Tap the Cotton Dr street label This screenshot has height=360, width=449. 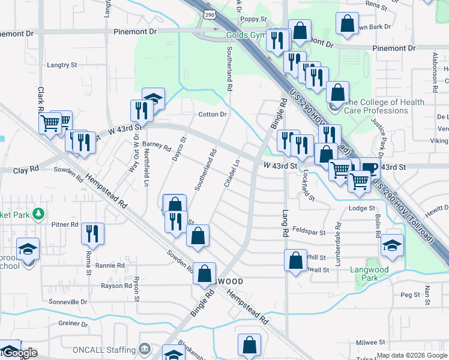pyautogui.click(x=212, y=115)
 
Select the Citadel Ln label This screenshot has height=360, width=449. pyautogui.click(x=232, y=173)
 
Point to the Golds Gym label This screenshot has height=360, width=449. pyautogui.click(x=246, y=35)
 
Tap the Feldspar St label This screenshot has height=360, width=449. pyautogui.click(x=309, y=232)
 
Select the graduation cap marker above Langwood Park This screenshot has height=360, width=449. pyautogui.click(x=392, y=245)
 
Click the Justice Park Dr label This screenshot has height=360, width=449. pyautogui.click(x=379, y=134)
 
